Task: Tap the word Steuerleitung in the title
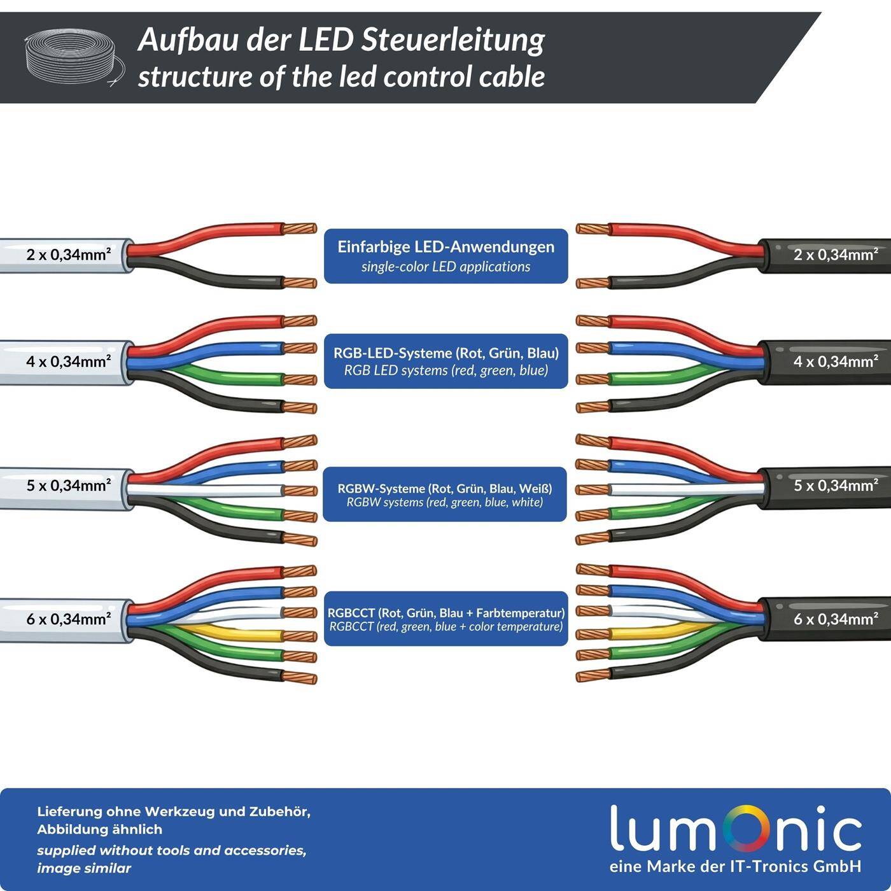point(453,39)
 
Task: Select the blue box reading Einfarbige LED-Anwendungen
point(445,256)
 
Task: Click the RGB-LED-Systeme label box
point(445,361)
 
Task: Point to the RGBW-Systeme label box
point(445,495)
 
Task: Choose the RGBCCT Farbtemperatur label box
point(445,619)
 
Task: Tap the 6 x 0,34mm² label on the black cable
point(835,619)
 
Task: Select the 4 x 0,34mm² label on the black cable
point(835,361)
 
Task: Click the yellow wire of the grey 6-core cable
point(235,635)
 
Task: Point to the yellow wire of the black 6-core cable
point(656,633)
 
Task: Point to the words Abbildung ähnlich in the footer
point(99,829)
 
